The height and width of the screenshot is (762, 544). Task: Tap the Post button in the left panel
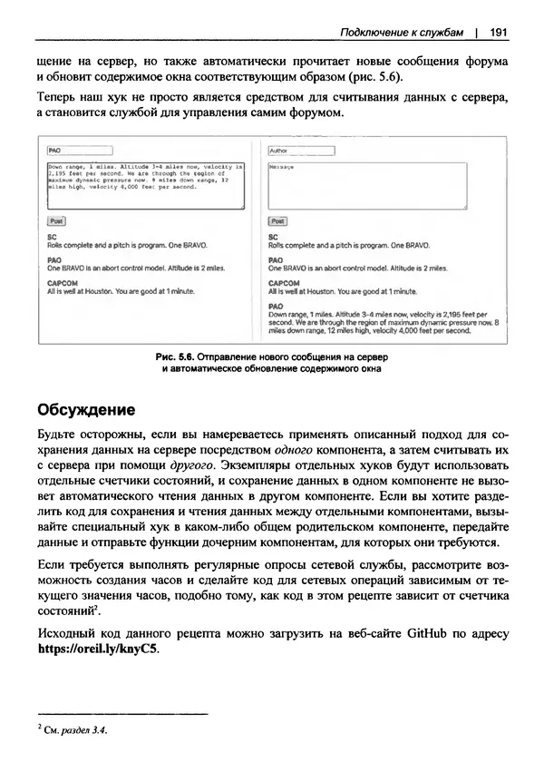click(x=55, y=220)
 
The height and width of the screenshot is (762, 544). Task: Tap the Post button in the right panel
click(x=277, y=220)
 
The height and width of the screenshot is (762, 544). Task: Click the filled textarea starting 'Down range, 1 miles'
click(x=145, y=185)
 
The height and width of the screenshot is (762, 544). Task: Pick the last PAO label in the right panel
click(x=276, y=307)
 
